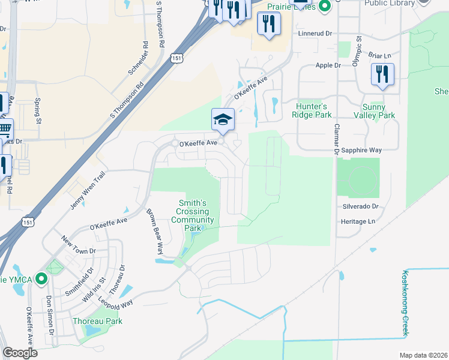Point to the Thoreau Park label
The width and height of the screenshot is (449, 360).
[x=97, y=321]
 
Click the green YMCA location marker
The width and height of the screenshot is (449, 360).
[x=41, y=279]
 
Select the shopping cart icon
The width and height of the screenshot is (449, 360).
[x=4, y=128]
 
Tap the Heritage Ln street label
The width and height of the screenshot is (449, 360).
[x=359, y=221]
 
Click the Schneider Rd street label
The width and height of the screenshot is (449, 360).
[x=137, y=58]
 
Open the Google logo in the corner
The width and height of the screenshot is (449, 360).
[x=20, y=353]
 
